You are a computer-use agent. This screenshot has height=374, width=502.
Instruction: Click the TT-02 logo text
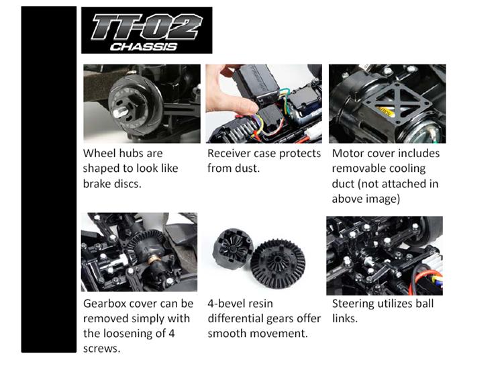(146, 27)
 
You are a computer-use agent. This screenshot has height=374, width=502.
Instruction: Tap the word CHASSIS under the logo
(144, 47)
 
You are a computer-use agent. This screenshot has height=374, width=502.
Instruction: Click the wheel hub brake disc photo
(142, 103)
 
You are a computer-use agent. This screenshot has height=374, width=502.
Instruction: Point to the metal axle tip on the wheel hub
(121, 112)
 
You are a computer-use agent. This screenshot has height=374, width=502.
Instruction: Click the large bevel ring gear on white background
(278, 263)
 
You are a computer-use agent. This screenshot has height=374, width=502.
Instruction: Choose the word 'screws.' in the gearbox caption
(102, 348)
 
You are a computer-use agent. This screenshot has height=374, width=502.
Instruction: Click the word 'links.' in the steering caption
(345, 318)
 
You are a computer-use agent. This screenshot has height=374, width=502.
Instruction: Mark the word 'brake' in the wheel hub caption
(97, 183)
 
